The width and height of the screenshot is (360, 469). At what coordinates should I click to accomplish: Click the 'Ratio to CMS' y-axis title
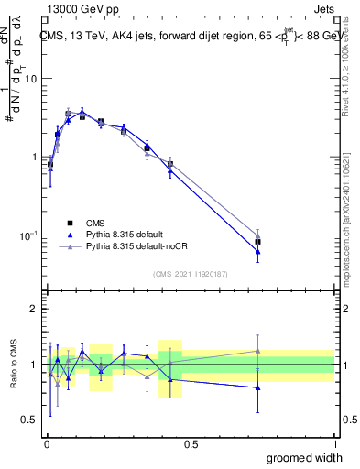click(13, 365)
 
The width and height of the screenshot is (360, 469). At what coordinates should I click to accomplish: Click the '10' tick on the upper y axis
click(29, 78)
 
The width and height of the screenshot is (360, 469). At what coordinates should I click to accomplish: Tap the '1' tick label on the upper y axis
click(33, 157)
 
